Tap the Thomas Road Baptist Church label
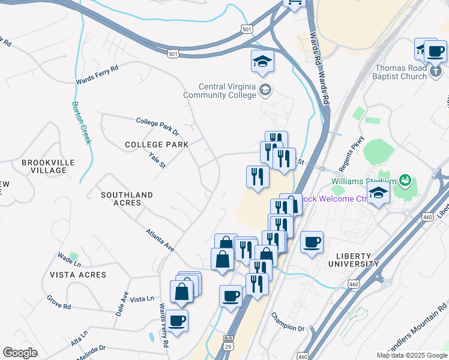[x=400, y=73]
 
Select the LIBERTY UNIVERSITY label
[x=354, y=259]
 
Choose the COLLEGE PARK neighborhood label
[x=156, y=145]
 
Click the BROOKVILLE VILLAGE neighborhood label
[x=48, y=166]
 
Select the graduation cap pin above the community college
[x=262, y=62]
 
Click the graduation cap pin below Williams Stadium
[x=379, y=193]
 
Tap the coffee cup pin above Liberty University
[x=312, y=243]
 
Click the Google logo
[x=20, y=353]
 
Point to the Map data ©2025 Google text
[x=411, y=355]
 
